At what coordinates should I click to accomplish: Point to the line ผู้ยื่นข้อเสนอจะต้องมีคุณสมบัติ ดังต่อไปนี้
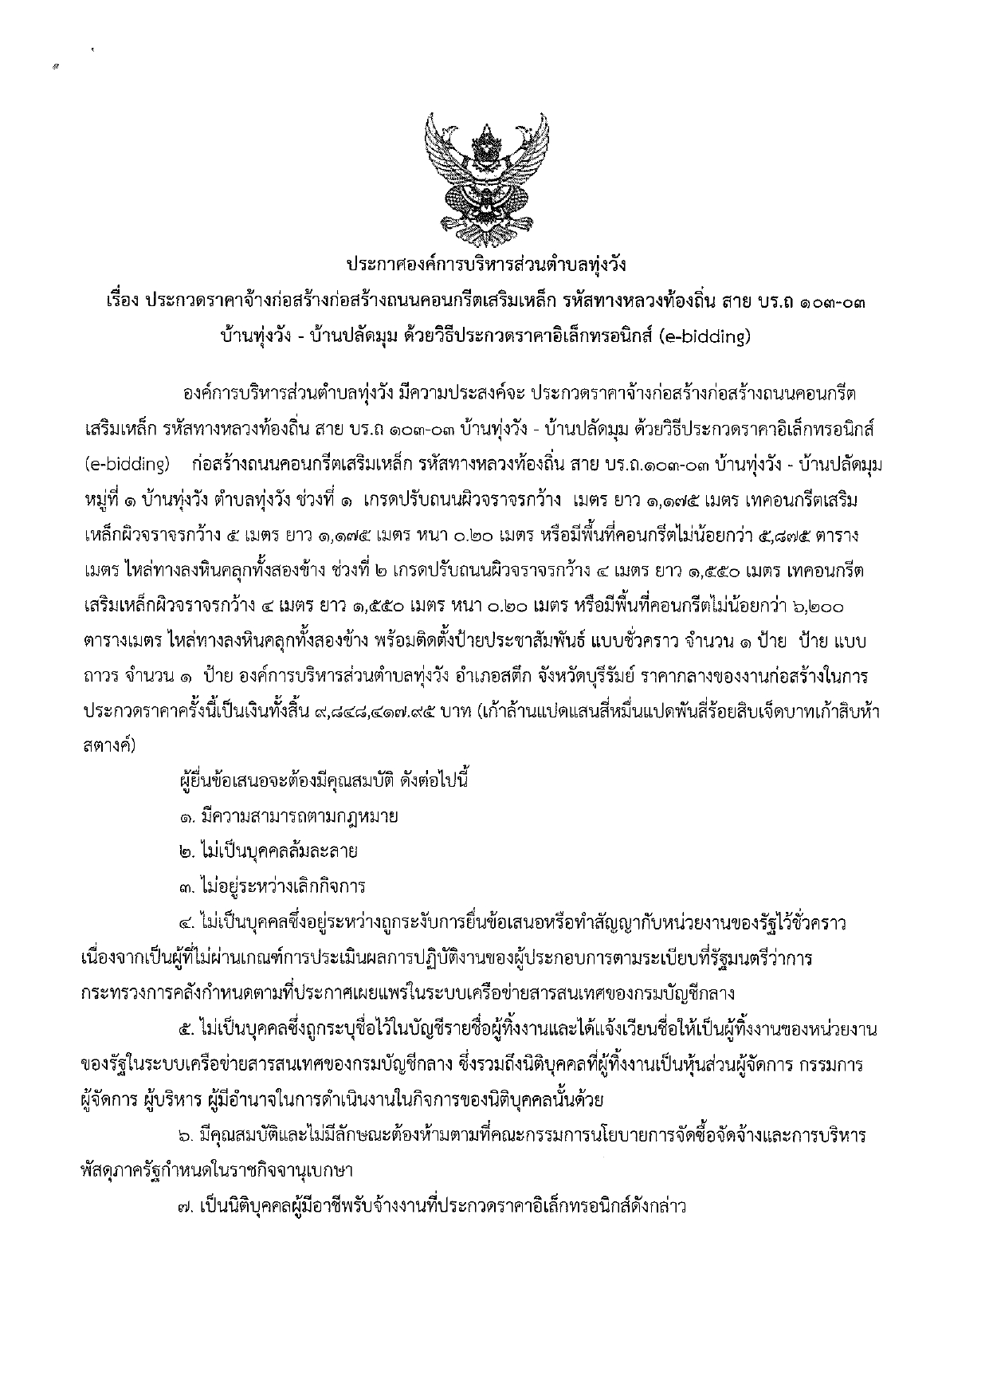pyautogui.click(x=324, y=780)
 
